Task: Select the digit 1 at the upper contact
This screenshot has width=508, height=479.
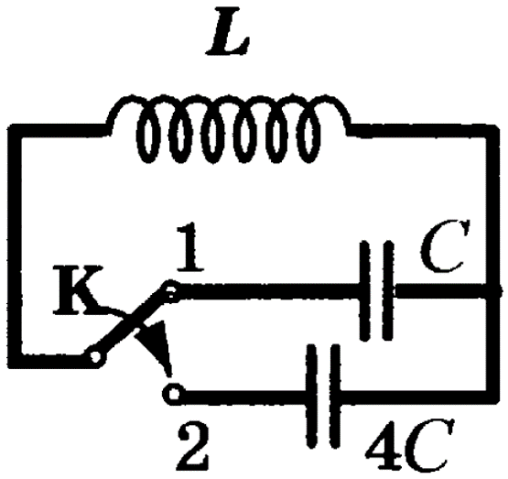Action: point(189,246)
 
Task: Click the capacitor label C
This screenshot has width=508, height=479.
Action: point(445,246)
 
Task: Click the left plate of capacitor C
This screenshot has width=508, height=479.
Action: point(365,290)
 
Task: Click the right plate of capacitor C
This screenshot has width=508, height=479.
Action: point(388,290)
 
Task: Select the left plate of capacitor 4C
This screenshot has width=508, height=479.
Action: point(312,396)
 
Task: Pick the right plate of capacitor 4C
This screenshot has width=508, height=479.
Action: point(335,396)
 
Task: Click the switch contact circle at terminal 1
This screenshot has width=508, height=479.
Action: point(171,291)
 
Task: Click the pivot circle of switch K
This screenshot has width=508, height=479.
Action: point(95,357)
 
